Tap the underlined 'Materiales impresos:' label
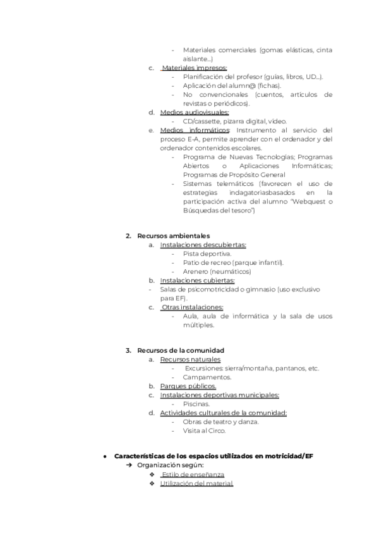[x=195, y=68]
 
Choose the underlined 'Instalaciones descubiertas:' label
[x=203, y=245]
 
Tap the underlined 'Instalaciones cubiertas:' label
[x=197, y=280]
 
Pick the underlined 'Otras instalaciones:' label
[x=193, y=307]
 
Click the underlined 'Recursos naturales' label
[x=189, y=359]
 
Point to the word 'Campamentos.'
[x=207, y=377]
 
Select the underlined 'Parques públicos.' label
[x=188, y=386]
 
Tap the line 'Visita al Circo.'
[x=204, y=430]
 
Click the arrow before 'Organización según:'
[x=129, y=465]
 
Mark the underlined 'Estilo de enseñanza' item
[x=193, y=474]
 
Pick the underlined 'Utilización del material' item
[x=196, y=483]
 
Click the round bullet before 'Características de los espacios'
[x=105, y=456]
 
